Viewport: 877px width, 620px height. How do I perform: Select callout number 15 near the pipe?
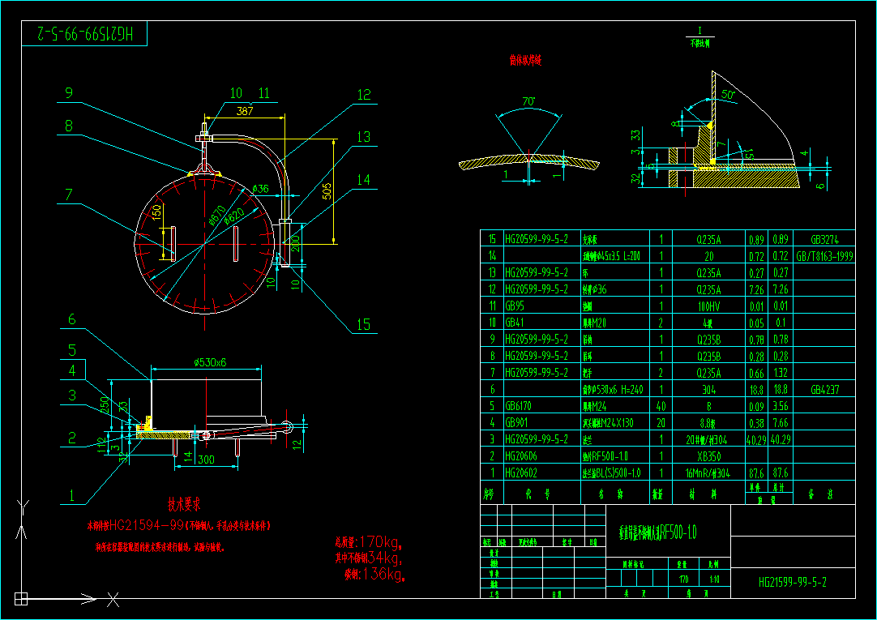[x=362, y=324]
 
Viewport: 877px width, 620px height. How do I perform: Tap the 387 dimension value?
[x=244, y=112]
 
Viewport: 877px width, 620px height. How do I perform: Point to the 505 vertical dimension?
[x=327, y=191]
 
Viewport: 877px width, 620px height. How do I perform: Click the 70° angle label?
[x=528, y=102]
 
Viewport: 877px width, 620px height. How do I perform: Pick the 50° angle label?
[x=727, y=95]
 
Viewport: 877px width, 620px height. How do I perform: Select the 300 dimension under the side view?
[x=207, y=460]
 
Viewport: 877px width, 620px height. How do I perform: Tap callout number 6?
[x=71, y=320]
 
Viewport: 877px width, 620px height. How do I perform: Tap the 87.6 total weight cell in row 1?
[x=781, y=472]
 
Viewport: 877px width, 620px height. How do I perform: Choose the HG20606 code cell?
[x=522, y=455]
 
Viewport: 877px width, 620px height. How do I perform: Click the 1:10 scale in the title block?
[x=713, y=579]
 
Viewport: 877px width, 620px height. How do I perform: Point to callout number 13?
[x=362, y=137]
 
